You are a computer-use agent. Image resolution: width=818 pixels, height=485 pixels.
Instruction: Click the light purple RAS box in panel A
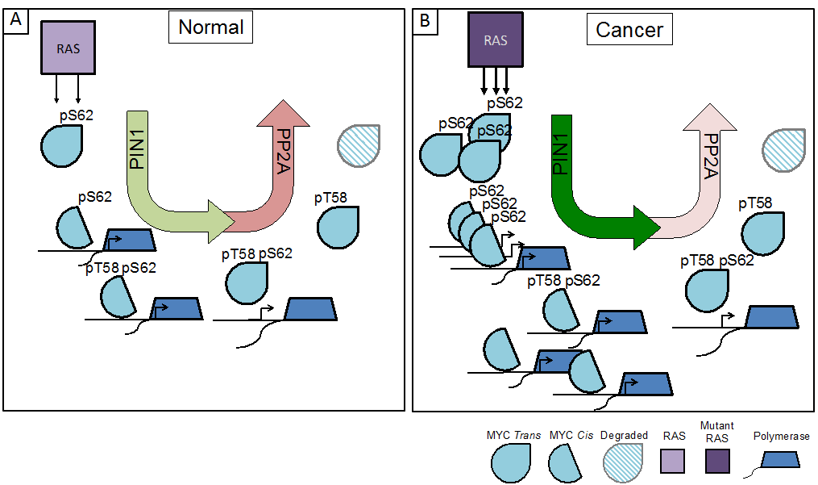(68, 45)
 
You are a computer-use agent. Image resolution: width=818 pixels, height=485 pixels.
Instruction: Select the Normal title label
(210, 27)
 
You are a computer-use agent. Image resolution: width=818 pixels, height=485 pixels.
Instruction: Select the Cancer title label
(629, 30)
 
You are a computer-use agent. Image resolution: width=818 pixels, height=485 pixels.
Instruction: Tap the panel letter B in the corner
(425, 21)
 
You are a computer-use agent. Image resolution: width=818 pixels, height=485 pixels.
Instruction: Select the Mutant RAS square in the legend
(716, 462)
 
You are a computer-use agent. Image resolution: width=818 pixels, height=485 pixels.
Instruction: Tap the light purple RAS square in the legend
(674, 462)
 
